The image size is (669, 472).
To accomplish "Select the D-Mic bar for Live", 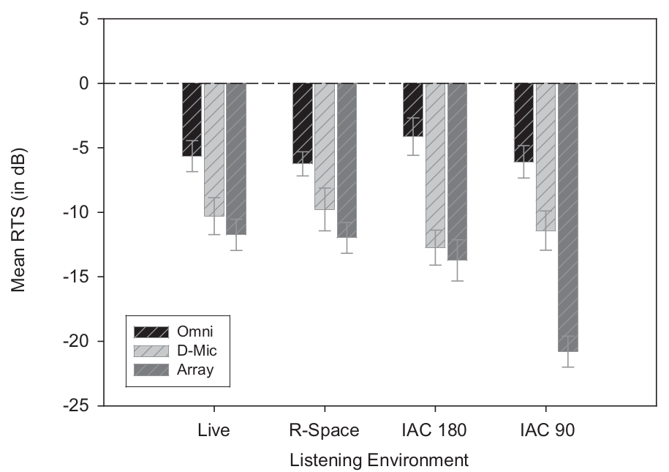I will (x=213, y=149).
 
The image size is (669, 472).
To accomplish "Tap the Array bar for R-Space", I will (x=347, y=160).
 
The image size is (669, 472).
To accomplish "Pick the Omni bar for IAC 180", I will (x=412, y=110).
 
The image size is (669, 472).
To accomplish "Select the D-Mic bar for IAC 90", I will (x=545, y=157).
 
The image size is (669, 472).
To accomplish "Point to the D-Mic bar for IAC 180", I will (x=435, y=165).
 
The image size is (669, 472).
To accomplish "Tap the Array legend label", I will (x=196, y=370).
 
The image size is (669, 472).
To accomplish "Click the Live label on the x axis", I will (x=213, y=430).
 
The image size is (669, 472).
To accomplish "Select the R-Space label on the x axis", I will (x=325, y=430).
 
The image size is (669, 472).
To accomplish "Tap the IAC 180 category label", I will (x=435, y=430).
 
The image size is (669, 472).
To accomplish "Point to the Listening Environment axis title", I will (x=379, y=460).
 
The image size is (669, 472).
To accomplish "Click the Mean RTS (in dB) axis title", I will (x=20, y=212).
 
